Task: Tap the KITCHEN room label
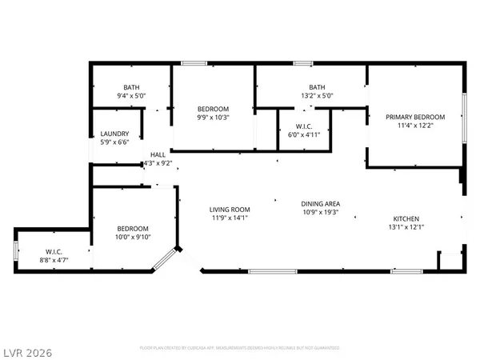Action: tap(405, 218)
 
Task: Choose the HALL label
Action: tap(158, 154)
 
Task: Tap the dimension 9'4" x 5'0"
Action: tap(131, 96)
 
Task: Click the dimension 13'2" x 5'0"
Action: tap(316, 96)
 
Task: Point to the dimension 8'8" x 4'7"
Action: tap(54, 259)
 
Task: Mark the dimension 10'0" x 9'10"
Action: tap(133, 237)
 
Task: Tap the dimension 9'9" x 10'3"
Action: tap(214, 118)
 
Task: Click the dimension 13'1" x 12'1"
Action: tap(405, 227)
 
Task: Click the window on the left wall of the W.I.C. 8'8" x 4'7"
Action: tap(15, 252)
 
